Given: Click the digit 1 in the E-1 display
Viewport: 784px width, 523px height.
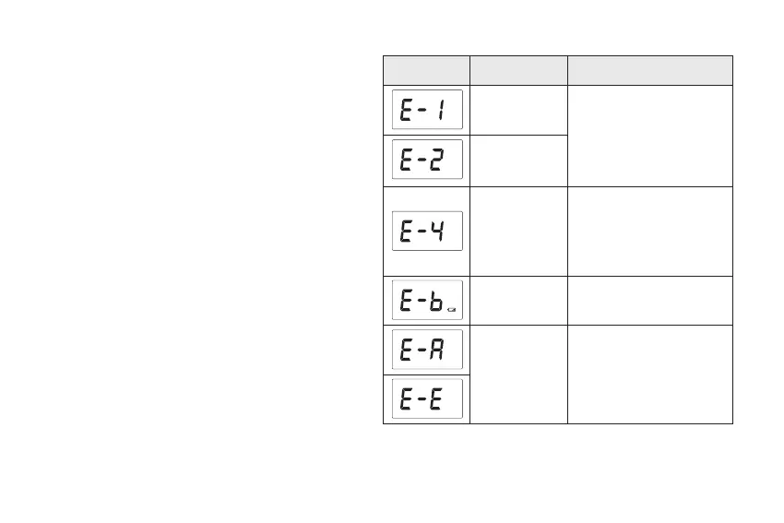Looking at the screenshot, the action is [x=442, y=111].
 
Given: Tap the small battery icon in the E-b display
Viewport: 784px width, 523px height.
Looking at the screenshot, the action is [x=451, y=310].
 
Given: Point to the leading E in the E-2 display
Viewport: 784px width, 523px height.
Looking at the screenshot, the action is [x=406, y=160].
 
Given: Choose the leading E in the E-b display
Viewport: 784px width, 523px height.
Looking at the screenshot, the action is [x=406, y=300].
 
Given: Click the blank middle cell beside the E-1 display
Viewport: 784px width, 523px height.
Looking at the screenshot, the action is [x=518, y=111].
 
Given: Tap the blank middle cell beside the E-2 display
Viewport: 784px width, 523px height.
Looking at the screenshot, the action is [x=518, y=160].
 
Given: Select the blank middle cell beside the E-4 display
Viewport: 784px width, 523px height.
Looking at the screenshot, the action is [x=518, y=231].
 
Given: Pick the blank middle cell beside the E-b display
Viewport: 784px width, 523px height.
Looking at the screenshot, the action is [x=518, y=300].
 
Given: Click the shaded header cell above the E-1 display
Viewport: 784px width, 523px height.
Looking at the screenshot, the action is [x=426, y=70].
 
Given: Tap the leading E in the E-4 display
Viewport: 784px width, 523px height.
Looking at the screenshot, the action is [x=406, y=232].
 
